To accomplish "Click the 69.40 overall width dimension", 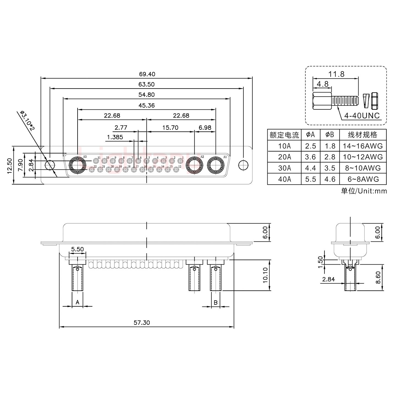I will [x=147, y=74].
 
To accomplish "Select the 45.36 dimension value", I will [x=147, y=105].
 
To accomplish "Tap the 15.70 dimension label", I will [x=170, y=128].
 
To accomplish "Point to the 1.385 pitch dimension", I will [x=115, y=137].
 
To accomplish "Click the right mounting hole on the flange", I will [x=243, y=166].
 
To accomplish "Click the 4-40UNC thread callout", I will [x=362, y=116].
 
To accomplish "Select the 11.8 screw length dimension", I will [x=336, y=74].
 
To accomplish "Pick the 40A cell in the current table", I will [x=284, y=179].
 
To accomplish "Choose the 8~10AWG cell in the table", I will [x=363, y=168].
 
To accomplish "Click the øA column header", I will [x=311, y=135].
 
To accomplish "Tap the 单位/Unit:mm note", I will [x=364, y=191].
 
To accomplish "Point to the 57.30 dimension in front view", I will [x=142, y=323].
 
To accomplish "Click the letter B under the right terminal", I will [x=216, y=302].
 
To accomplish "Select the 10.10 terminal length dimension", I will [x=265, y=275].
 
